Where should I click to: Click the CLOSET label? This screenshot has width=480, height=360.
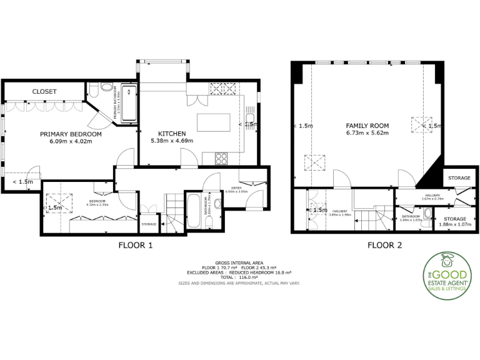(x=44, y=91)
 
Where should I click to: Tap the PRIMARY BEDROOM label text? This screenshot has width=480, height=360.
(x=71, y=134)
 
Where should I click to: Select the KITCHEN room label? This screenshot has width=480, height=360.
(x=171, y=134)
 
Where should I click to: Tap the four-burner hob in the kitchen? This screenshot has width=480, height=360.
(x=221, y=157)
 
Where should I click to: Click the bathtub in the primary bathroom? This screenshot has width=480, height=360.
(x=128, y=103)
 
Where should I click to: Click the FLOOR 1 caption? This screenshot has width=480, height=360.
(x=136, y=246)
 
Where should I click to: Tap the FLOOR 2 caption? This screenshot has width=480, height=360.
(x=384, y=246)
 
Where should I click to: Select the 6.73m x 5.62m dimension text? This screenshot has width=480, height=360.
(x=367, y=133)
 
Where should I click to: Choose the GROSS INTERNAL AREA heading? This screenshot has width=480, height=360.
(x=239, y=264)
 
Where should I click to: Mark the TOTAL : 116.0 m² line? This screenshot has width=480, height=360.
(x=239, y=278)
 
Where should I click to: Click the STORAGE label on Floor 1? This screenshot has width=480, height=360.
(x=149, y=224)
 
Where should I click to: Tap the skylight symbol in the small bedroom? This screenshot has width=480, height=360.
(x=51, y=201)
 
